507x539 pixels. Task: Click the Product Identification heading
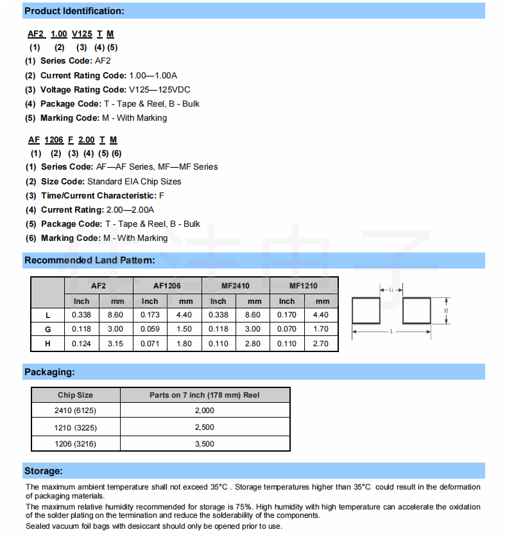(74, 11)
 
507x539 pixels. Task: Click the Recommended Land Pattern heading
(89, 260)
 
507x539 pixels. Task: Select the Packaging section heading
(49, 372)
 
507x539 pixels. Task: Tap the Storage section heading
(43, 471)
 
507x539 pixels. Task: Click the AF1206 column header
(167, 285)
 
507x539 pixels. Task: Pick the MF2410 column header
(236, 285)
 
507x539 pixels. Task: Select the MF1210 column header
(303, 285)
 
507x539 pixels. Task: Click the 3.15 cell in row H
(116, 344)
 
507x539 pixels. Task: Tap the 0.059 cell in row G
(150, 329)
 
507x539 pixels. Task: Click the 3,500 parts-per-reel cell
(204, 444)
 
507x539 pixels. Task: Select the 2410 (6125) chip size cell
(75, 411)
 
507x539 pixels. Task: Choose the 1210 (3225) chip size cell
(75, 427)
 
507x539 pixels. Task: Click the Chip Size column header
(75, 395)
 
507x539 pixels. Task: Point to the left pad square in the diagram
(367, 312)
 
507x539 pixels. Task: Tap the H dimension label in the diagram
(445, 311)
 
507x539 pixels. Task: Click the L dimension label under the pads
(391, 332)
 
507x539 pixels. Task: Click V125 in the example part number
(82, 33)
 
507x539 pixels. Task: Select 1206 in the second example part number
(54, 139)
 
